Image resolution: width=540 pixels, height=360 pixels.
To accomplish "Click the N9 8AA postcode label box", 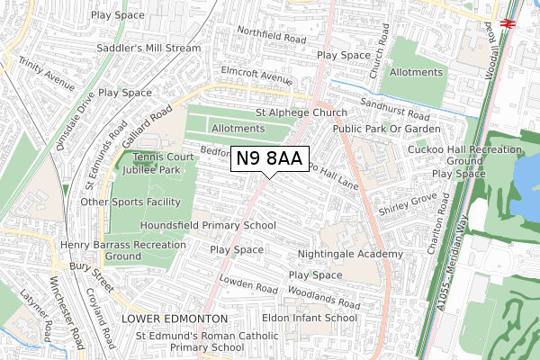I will (x=270, y=159).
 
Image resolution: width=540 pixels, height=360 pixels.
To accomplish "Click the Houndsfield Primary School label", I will (x=208, y=225).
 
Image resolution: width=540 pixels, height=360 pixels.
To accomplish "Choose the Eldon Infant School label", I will (x=310, y=318).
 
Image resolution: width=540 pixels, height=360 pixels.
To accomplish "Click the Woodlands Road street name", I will (x=325, y=296).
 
